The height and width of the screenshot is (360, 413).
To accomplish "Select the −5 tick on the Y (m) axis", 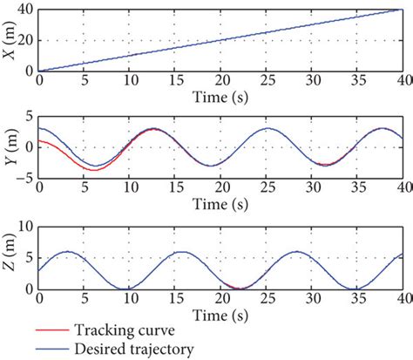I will [x=25, y=178].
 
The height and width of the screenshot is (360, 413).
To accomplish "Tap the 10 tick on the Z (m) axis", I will [x=26, y=226].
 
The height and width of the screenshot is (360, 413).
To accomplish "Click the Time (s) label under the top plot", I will [x=220, y=93].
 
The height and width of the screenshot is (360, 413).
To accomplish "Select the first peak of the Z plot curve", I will [x=68, y=252].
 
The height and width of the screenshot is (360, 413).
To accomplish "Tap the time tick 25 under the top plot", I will [x=266, y=79].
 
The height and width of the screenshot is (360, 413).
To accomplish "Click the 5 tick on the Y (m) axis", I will [x=29, y=117].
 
